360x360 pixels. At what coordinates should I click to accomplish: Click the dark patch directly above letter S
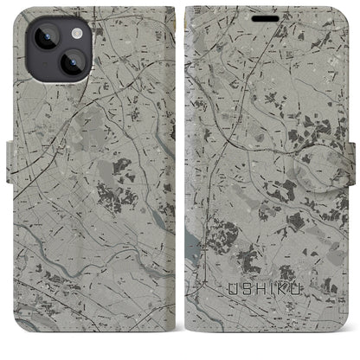247,260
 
